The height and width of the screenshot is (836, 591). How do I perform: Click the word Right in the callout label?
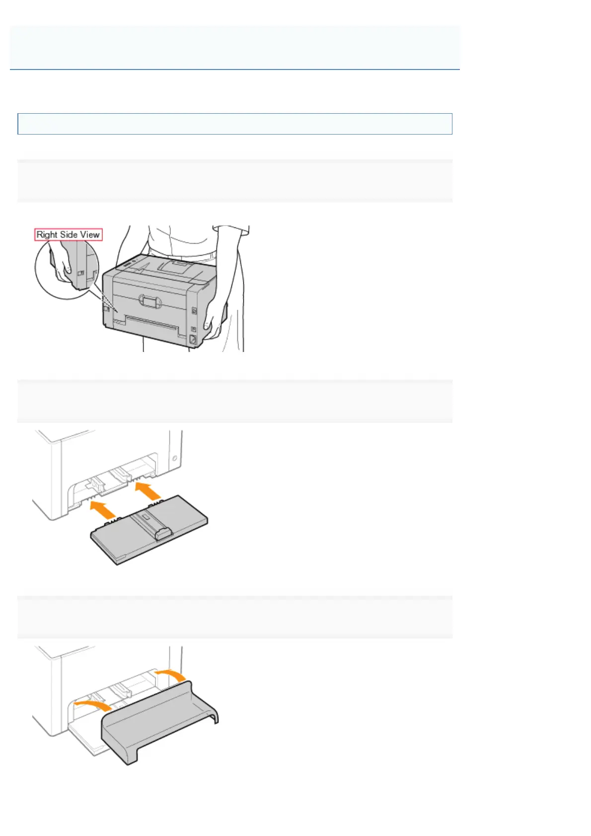click(47, 234)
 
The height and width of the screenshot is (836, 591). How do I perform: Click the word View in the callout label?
click(90, 234)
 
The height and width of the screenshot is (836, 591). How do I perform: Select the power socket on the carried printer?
click(193, 340)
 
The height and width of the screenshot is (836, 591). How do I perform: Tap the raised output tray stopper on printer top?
click(176, 267)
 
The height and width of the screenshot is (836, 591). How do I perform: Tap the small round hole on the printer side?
click(175, 457)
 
